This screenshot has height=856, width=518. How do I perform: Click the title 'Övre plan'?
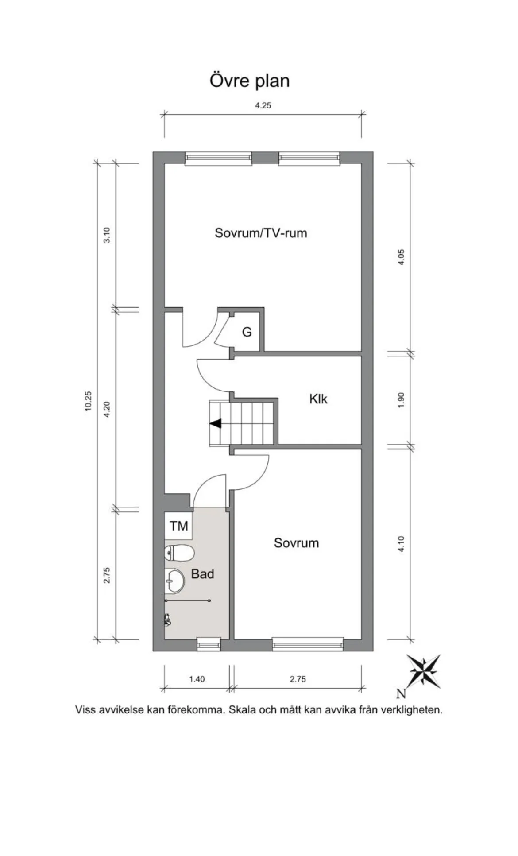pos(249,81)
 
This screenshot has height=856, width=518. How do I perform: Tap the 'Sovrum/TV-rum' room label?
pos(261,233)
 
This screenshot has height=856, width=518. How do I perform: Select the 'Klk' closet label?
pos(318,399)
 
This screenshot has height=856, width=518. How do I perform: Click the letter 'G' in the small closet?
pos(247,332)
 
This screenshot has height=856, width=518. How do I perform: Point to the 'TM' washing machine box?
pos(178,526)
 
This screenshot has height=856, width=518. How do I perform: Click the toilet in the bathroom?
pos(179,553)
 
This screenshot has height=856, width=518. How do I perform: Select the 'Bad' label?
pos(202,574)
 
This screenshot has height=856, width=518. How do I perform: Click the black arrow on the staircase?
pos(216,424)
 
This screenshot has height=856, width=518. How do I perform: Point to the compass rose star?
pos(424,671)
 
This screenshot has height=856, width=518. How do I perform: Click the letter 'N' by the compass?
pos(401,693)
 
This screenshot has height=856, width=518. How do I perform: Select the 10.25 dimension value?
pos(88,401)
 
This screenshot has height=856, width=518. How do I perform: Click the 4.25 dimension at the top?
pos(263,106)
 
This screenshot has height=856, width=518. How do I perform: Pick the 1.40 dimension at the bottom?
pos(197,679)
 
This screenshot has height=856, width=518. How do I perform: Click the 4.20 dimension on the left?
pos(106,409)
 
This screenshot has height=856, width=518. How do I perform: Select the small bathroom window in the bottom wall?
pos(209,644)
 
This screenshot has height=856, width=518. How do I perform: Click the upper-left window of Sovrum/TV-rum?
pos(218,158)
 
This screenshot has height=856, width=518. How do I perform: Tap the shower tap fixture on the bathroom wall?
pos(167,620)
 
